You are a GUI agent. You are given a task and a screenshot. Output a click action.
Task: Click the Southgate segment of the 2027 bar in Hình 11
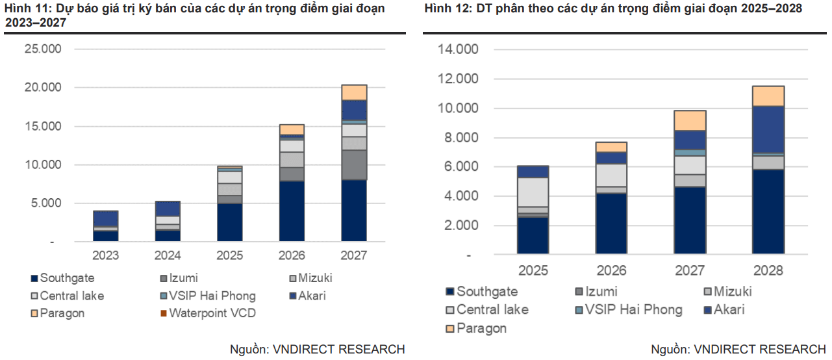[x=353, y=211]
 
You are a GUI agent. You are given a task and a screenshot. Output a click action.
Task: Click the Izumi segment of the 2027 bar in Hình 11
[x=353, y=164]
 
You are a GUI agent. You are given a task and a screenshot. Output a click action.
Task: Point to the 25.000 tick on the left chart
[x=42, y=49]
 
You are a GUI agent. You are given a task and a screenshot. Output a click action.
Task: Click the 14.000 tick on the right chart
[x=459, y=49]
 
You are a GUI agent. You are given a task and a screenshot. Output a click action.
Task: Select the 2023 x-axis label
[x=105, y=256]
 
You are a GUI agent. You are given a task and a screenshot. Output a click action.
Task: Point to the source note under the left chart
[x=318, y=350]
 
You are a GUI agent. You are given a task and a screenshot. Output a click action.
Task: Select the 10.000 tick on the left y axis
[x=42, y=165]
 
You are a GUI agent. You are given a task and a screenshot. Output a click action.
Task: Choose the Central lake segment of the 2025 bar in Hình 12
[x=533, y=192]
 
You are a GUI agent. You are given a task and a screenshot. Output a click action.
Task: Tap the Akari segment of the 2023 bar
[x=105, y=218]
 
